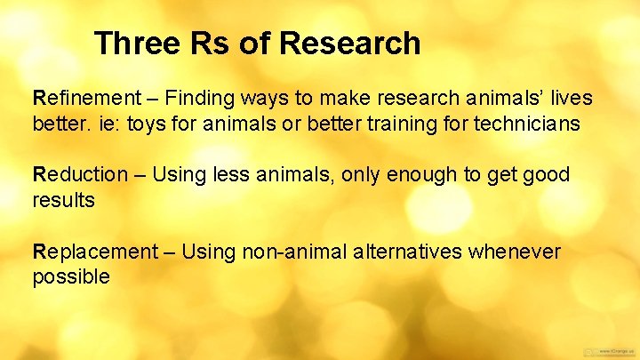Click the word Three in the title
click(133, 43)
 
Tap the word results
click(63, 200)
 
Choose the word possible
click(71, 277)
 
